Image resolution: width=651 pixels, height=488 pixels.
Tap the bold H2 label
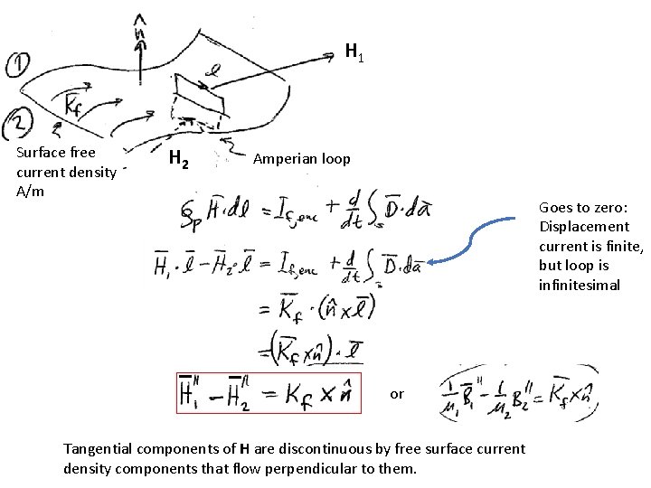point(179,162)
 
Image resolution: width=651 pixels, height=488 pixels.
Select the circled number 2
point(17,118)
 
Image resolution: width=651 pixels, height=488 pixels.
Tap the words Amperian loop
point(301,159)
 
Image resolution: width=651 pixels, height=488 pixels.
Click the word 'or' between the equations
point(397,394)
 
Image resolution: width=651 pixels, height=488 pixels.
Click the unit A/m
point(29,192)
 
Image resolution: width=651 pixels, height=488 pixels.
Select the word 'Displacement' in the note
point(583,226)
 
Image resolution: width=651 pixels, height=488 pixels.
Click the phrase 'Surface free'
point(55,152)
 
